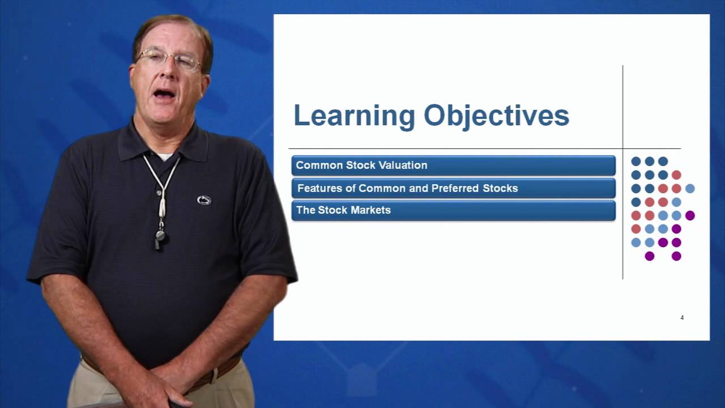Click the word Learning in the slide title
click(x=354, y=116)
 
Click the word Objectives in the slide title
click(x=496, y=116)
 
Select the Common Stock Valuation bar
click(x=453, y=165)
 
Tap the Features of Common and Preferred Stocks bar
click(x=453, y=188)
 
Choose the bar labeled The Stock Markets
click(x=453, y=210)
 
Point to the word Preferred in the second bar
click(x=452, y=188)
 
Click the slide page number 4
click(x=682, y=318)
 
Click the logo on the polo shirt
click(x=204, y=200)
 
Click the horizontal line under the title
click(x=453, y=148)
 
